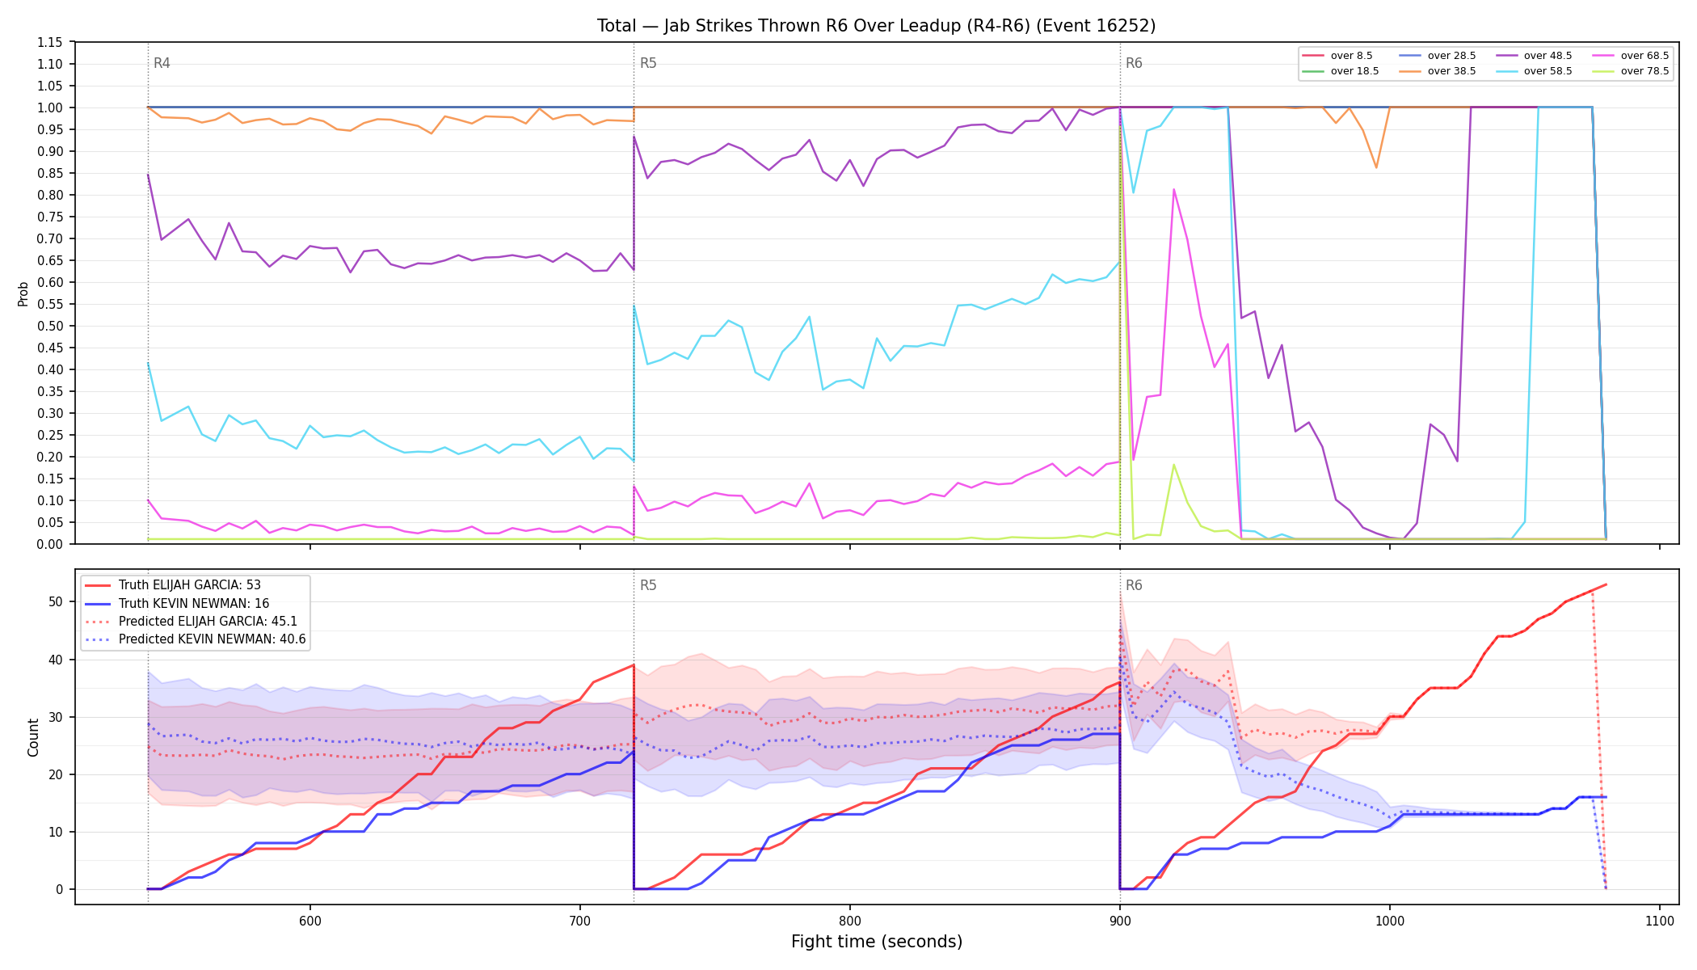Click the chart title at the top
[x=877, y=26]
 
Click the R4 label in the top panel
[x=162, y=63]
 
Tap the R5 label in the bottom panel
[x=648, y=585]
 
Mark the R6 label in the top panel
[x=1134, y=63]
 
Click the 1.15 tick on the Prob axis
[x=50, y=42]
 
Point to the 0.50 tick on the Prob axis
[x=50, y=326]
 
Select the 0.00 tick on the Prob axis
[x=50, y=544]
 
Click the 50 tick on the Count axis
[x=55, y=601]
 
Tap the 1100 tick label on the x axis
[x=1659, y=921]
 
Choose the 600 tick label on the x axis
[x=310, y=921]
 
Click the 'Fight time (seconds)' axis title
[x=877, y=942]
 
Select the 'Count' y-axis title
[x=33, y=737]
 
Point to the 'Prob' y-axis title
[x=23, y=293]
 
